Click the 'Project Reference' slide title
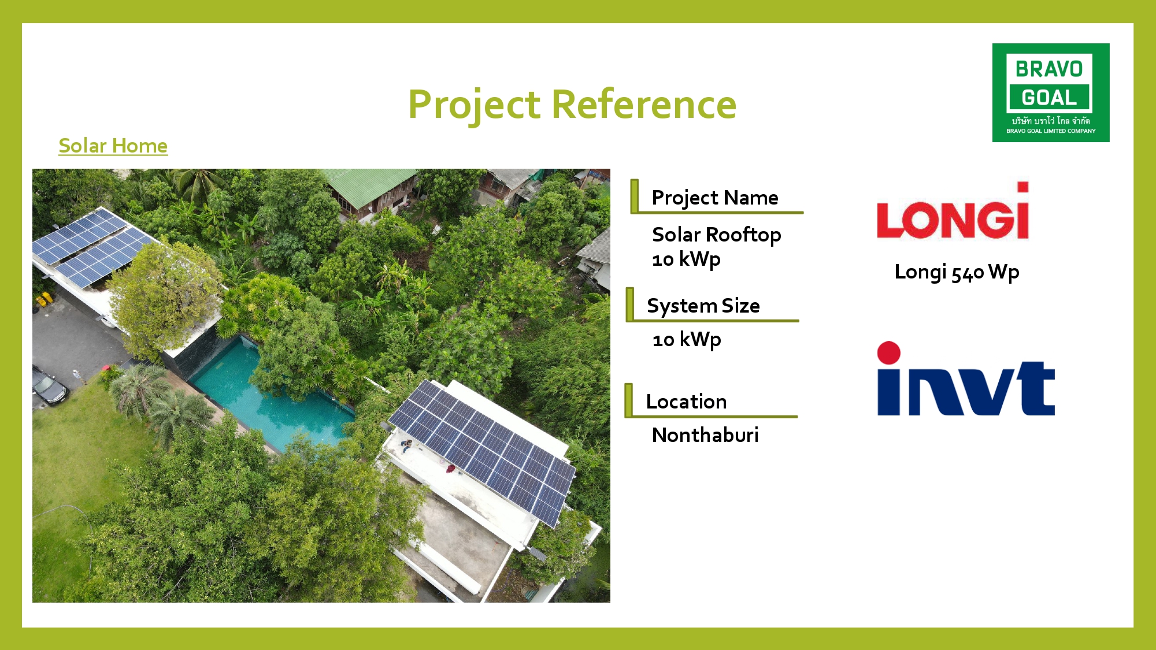tap(572, 105)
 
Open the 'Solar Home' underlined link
tap(113, 146)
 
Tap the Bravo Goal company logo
tap(1051, 92)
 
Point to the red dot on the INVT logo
tap(889, 352)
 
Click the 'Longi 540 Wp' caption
tap(957, 272)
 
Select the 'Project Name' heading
tap(715, 198)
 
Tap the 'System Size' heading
tap(703, 306)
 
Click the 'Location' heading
tap(686, 402)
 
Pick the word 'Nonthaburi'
tap(705, 435)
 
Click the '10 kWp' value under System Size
tap(687, 340)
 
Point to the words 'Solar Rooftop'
tap(717, 235)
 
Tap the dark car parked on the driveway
tap(49, 385)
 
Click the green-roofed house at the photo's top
tap(370, 191)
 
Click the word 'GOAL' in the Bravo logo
tap(1049, 98)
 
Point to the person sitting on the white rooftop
tap(407, 445)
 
